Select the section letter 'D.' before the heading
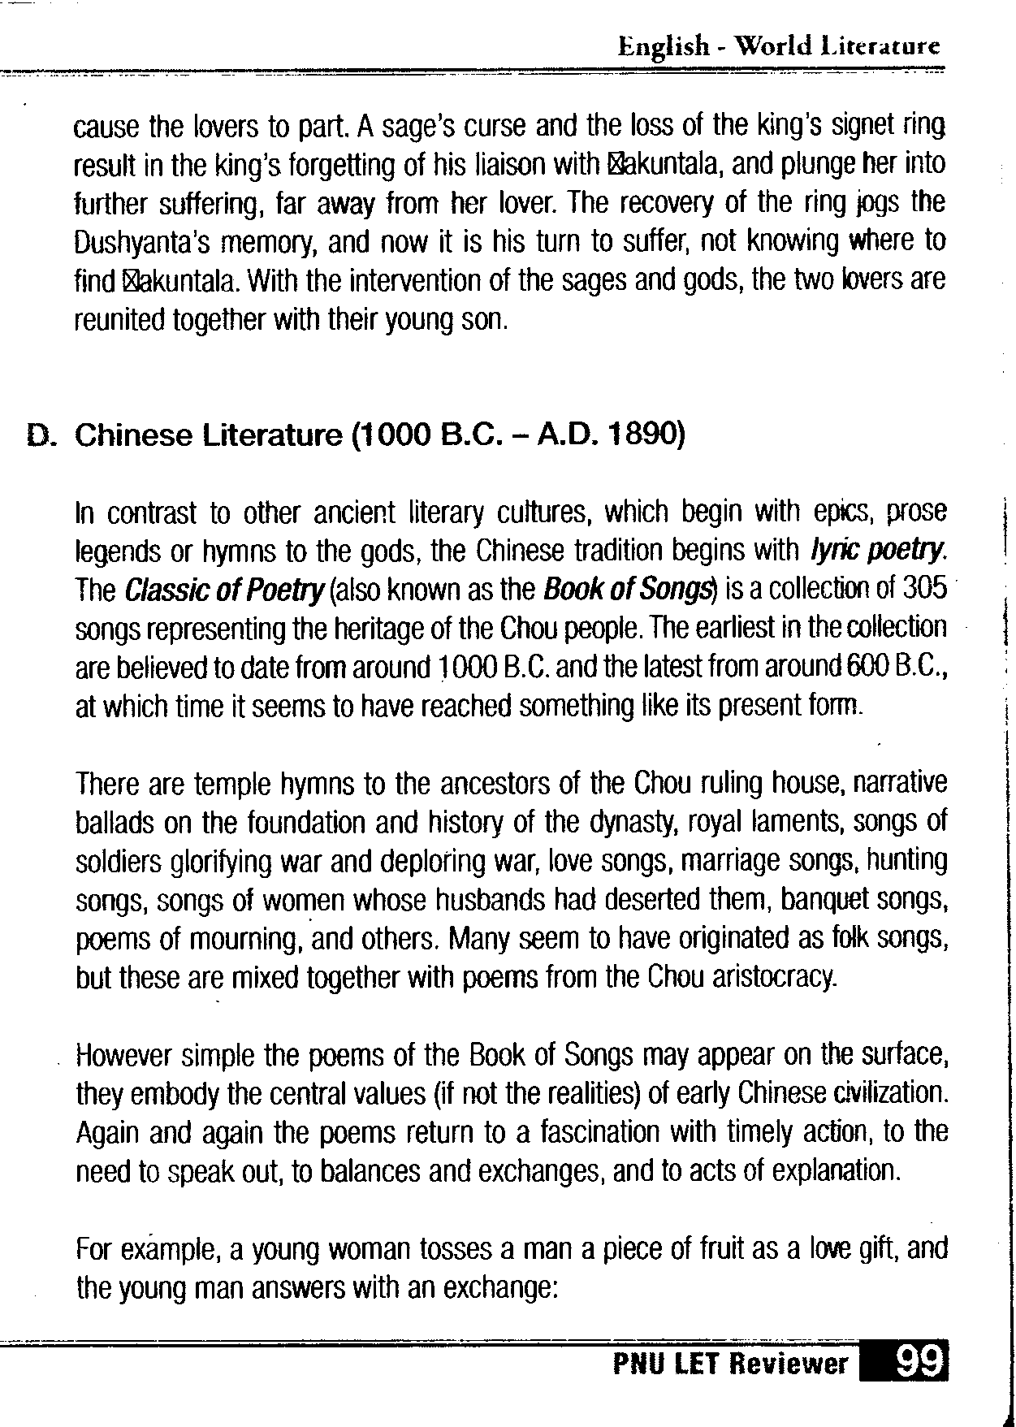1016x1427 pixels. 42,436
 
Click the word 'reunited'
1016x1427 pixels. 119,320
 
